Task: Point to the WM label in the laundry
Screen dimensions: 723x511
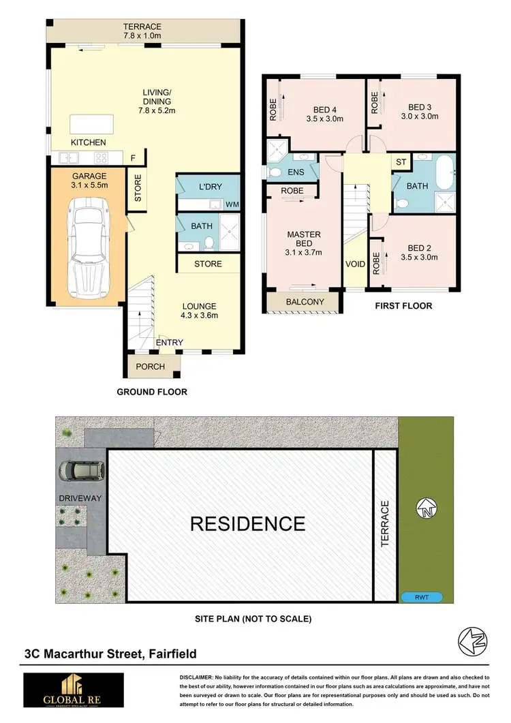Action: coord(231,204)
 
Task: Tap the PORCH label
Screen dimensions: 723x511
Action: coord(151,367)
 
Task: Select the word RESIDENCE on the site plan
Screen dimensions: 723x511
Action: coord(247,523)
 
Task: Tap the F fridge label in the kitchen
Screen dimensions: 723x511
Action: coord(134,158)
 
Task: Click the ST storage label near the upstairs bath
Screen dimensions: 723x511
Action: coord(401,162)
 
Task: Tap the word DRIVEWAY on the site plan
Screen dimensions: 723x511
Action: coord(80,498)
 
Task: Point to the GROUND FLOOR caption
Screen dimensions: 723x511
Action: coord(152,392)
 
